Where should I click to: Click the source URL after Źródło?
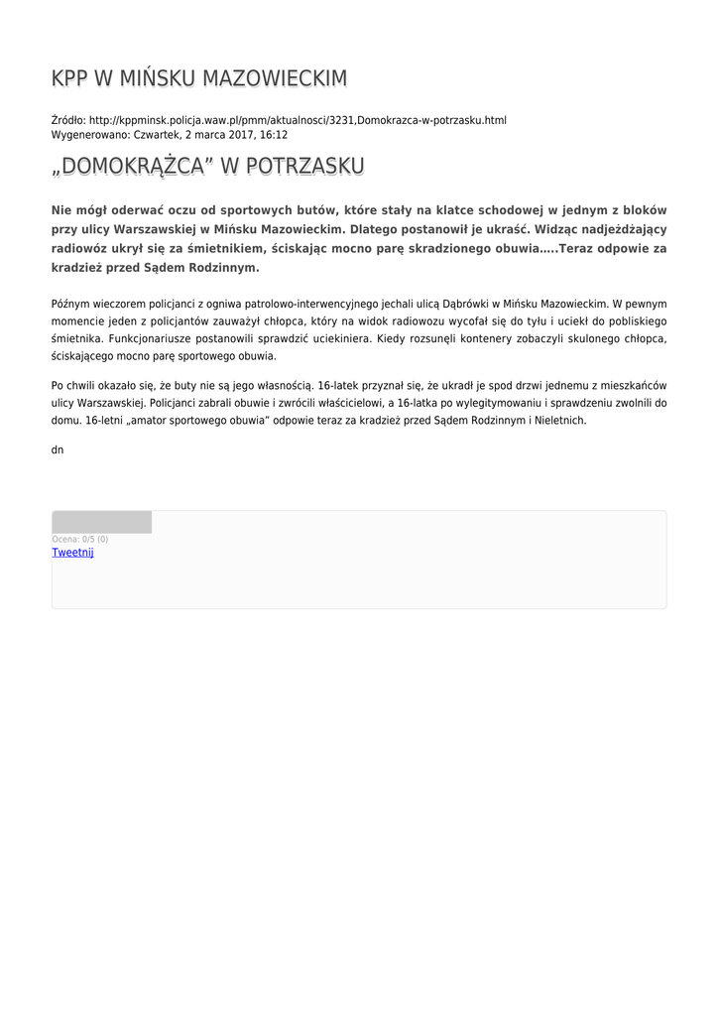point(298,120)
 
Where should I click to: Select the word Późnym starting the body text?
point(70,304)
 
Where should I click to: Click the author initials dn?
point(58,449)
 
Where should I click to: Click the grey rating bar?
point(101,522)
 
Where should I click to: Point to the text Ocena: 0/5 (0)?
point(80,540)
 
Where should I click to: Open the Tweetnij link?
point(72,553)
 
